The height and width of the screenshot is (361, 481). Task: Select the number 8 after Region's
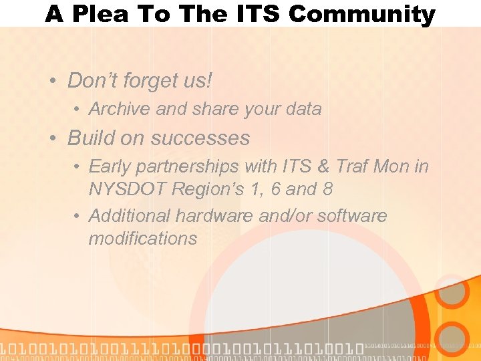tap(327, 189)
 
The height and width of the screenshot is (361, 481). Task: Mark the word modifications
tap(142, 239)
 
